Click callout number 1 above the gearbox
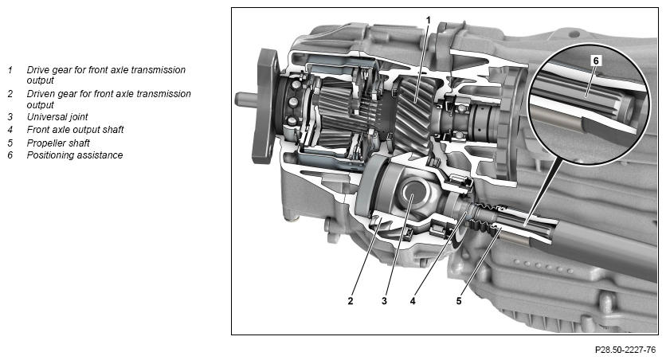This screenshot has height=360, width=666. [428, 20]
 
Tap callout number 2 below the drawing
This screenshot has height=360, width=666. [350, 301]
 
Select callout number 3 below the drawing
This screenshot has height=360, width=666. [384, 301]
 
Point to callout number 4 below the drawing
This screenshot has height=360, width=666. [413, 301]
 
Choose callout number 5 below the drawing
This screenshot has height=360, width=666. [459, 301]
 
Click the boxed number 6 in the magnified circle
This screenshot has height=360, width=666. [595, 61]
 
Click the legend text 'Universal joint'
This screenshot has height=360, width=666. [57, 117]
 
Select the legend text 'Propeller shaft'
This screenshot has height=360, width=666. [58, 143]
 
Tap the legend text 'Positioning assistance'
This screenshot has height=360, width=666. [75, 155]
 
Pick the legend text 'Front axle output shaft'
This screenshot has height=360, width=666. [75, 130]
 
